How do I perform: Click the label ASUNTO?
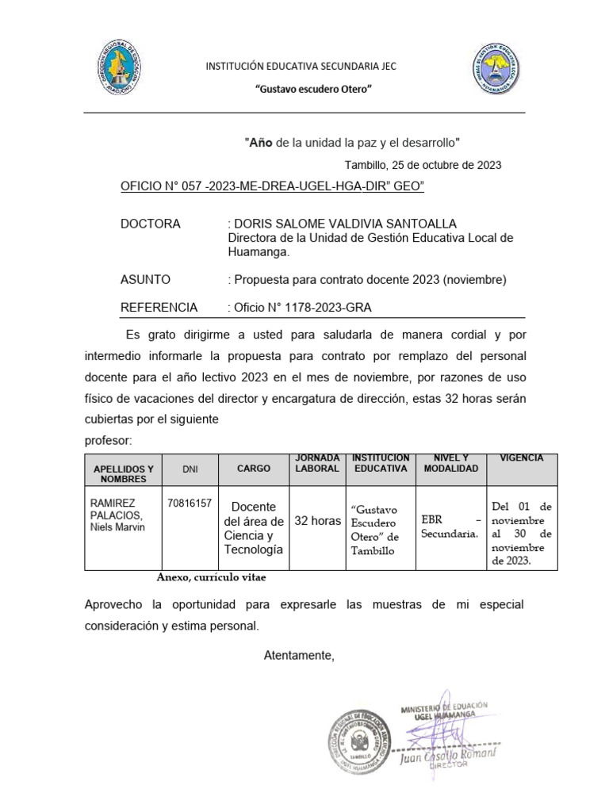point(145,279)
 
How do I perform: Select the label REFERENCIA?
point(159,307)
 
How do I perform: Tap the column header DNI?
point(190,469)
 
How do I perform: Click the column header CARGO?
point(254,469)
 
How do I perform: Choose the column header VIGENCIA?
point(522,458)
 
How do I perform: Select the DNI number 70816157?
point(190,503)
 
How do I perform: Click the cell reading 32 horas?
point(317,521)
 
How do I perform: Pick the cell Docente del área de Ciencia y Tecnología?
point(254,528)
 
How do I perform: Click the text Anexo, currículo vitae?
point(211,578)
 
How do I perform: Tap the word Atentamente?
point(299,655)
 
